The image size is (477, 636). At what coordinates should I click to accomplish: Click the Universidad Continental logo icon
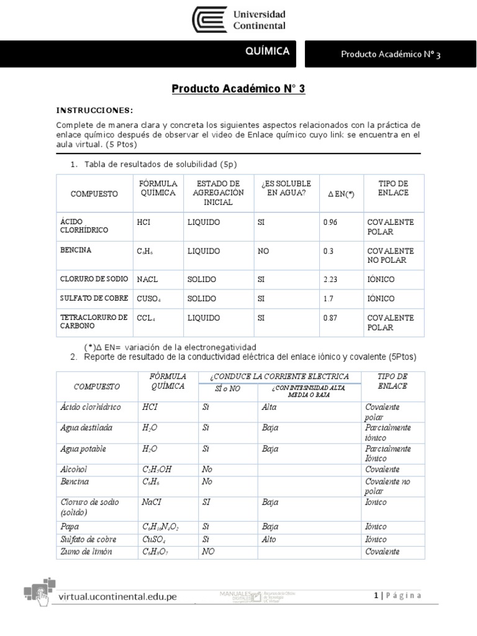210,20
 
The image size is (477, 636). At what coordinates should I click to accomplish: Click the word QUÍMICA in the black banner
267,52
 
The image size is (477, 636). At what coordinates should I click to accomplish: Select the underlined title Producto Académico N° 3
238,89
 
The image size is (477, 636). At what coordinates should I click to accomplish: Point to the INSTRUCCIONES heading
94,111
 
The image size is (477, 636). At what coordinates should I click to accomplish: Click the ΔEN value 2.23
332,279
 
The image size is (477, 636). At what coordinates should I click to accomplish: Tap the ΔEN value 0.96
330,222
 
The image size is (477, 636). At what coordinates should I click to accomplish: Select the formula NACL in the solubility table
149,279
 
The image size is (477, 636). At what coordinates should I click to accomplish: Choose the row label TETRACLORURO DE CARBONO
93,321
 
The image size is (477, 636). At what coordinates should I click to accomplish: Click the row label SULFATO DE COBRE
93,299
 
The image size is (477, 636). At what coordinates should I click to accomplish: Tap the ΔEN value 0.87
332,318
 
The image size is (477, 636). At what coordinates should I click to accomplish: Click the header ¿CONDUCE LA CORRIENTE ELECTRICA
279,376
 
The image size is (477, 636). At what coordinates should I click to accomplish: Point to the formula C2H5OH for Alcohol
157,470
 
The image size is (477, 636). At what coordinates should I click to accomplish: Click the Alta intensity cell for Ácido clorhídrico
270,407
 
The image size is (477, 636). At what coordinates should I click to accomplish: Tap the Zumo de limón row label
86,552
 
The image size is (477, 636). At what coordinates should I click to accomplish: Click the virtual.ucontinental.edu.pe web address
117,597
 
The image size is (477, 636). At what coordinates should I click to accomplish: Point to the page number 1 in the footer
376,596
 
